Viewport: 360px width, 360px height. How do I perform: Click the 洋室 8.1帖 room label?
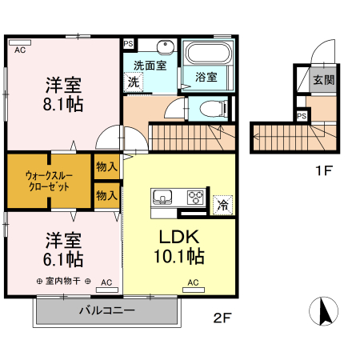click(62, 94)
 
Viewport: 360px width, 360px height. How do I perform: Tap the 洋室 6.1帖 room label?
click(62, 249)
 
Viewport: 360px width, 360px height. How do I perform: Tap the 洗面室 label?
click(150, 66)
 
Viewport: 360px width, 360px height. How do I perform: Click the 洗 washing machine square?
click(134, 82)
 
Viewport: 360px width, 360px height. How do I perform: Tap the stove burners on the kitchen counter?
click(196, 197)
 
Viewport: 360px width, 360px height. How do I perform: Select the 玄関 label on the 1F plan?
click(323, 79)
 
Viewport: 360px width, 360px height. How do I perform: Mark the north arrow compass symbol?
click(325, 311)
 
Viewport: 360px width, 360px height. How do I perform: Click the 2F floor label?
click(222, 318)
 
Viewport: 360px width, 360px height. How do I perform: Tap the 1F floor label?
click(322, 170)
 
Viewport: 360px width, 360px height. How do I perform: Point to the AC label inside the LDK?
click(193, 282)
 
